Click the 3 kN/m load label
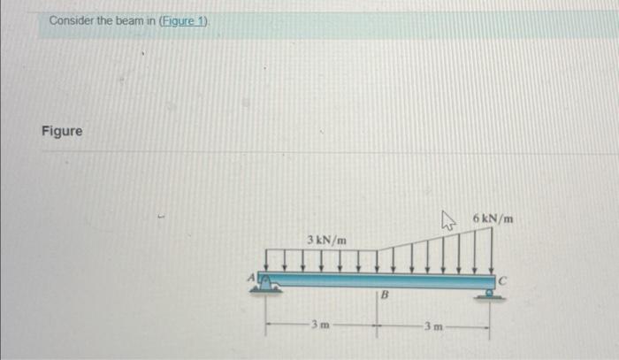click(x=326, y=240)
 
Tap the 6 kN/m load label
click(x=493, y=218)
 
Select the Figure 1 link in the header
click(x=183, y=20)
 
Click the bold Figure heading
click(x=62, y=132)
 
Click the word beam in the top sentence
click(x=128, y=20)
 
